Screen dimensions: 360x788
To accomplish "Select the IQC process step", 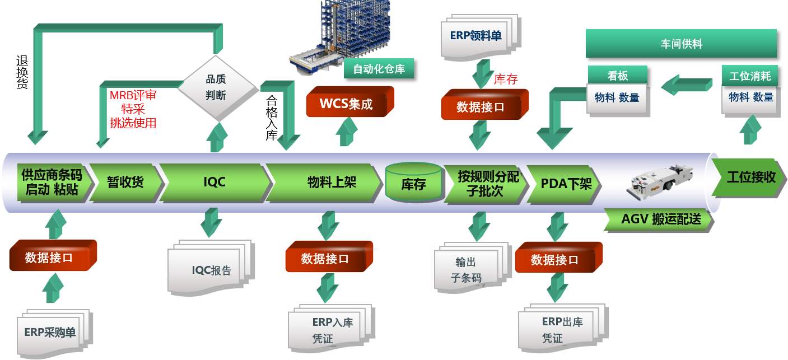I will pyautogui.click(x=214, y=183).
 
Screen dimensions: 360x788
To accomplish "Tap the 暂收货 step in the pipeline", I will pyautogui.click(x=125, y=183).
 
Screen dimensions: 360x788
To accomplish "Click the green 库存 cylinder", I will pyautogui.click(x=414, y=184).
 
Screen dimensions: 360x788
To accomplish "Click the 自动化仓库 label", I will pyautogui.click(x=379, y=69).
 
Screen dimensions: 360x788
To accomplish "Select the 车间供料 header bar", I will pyautogui.click(x=681, y=44).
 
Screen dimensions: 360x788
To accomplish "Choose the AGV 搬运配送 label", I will pyautogui.click(x=660, y=219).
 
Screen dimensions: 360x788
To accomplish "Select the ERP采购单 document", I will pyautogui.click(x=50, y=332).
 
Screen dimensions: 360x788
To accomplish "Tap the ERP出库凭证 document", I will pyautogui.click(x=561, y=330).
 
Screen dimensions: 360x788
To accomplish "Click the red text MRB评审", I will pyautogui.click(x=133, y=96).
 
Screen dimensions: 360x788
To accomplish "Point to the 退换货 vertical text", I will pyautogui.click(x=22, y=73).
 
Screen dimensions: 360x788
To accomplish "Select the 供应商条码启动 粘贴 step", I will pyautogui.click(x=51, y=182).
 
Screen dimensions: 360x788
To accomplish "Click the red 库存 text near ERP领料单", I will pyautogui.click(x=505, y=80).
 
